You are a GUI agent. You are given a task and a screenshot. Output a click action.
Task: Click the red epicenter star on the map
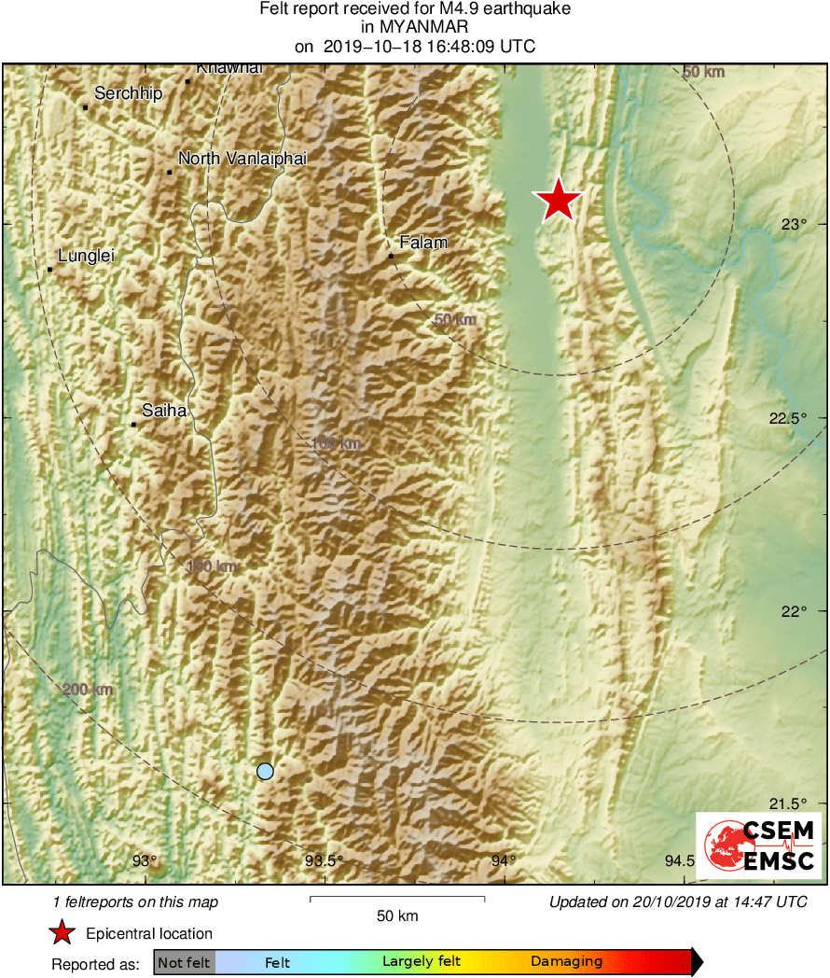click(558, 199)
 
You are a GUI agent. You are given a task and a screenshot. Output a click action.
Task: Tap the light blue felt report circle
click(265, 771)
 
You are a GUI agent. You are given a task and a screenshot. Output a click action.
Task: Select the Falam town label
click(423, 243)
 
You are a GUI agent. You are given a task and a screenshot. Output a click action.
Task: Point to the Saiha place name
click(164, 410)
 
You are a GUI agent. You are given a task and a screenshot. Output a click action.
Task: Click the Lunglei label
click(86, 256)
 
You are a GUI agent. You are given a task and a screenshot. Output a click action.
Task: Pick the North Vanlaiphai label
click(242, 159)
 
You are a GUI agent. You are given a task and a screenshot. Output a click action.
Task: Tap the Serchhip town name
click(129, 93)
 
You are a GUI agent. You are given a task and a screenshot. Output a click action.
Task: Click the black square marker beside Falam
click(392, 256)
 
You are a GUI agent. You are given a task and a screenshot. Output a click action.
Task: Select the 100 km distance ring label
click(336, 443)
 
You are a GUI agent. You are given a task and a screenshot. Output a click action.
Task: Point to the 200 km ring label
click(89, 690)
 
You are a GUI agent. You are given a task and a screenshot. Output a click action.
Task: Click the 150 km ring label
click(212, 566)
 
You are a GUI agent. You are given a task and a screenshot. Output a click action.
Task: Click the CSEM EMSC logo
click(758, 845)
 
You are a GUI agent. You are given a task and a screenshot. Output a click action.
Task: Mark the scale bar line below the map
click(396, 899)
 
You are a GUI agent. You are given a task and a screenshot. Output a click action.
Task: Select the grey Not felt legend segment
click(184, 961)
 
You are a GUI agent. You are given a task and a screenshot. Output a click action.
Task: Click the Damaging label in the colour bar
click(566, 961)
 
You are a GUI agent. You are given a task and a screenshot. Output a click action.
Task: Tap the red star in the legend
click(62, 932)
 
